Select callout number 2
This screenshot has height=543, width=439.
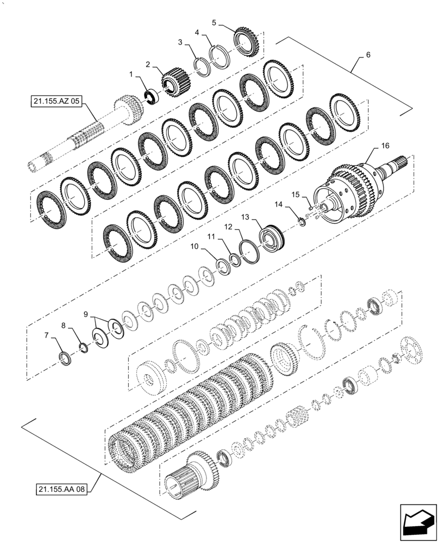tap(147, 64)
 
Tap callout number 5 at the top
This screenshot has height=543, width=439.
tap(214, 22)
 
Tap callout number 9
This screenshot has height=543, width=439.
tap(86, 314)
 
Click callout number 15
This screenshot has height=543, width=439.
tap(296, 194)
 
